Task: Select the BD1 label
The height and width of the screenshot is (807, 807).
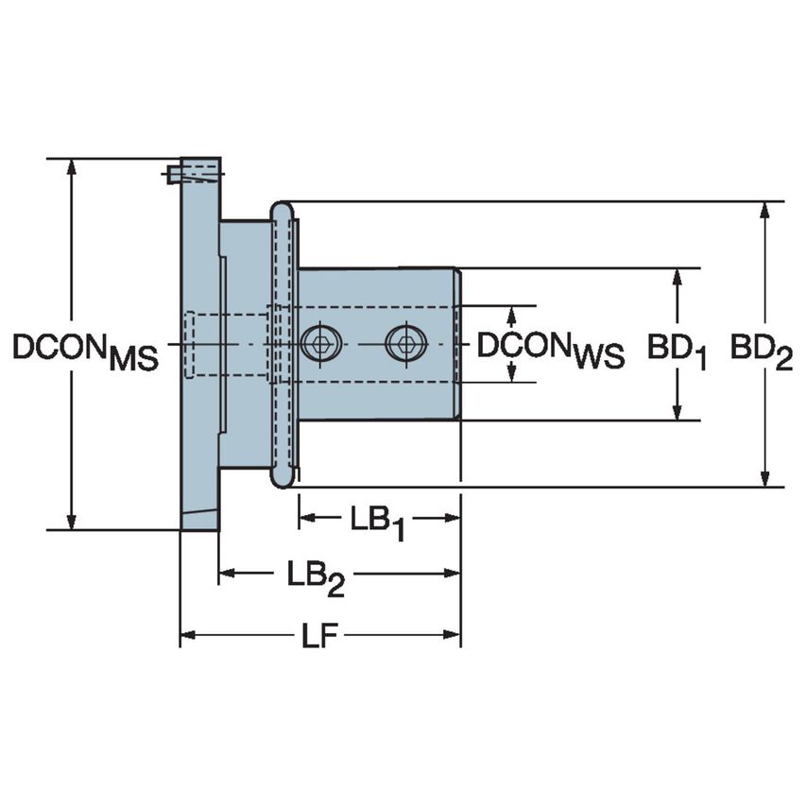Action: pyautogui.click(x=677, y=352)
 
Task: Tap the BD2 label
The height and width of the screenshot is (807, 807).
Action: pyautogui.click(x=761, y=352)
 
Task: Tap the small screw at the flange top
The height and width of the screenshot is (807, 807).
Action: pyautogui.click(x=173, y=174)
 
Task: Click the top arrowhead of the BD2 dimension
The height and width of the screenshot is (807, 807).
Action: pyautogui.click(x=764, y=211)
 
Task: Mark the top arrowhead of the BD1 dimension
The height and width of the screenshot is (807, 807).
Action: pyautogui.click(x=678, y=277)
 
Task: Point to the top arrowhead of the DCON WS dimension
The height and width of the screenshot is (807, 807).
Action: pyautogui.click(x=512, y=314)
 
